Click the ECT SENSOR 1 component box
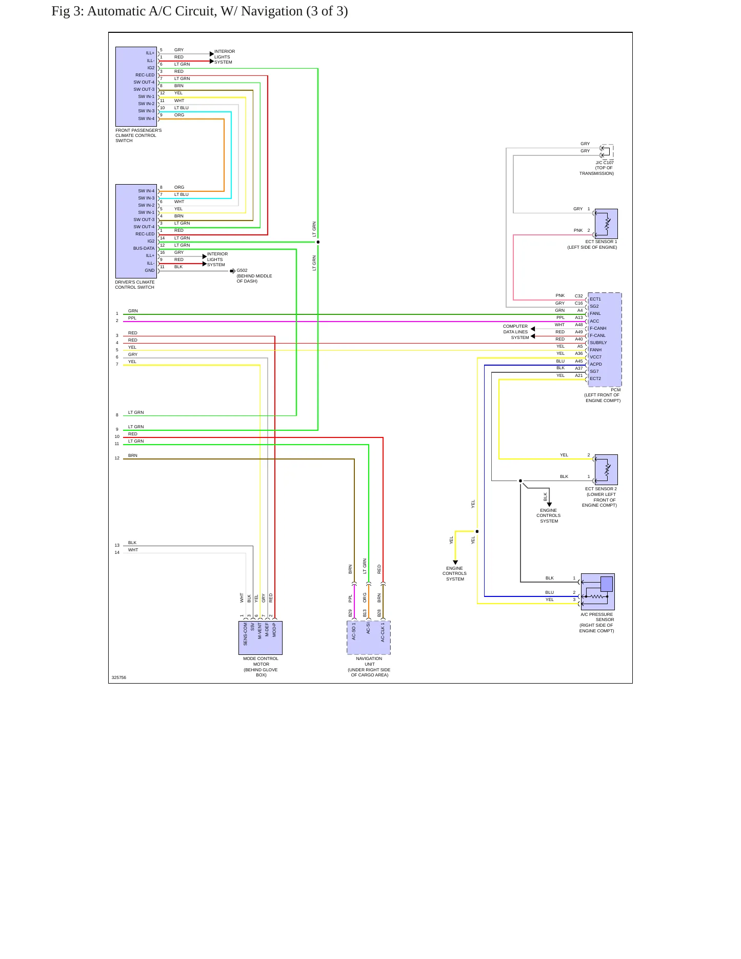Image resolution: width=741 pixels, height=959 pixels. pyautogui.click(x=606, y=224)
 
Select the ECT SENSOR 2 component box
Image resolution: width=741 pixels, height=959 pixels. pyautogui.click(x=606, y=470)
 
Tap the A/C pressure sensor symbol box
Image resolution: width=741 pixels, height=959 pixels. pyautogui.click(x=598, y=592)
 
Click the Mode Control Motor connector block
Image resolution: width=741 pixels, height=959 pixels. pyautogui.click(x=261, y=638)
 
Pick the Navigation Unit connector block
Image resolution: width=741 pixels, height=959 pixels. pyautogui.click(x=369, y=638)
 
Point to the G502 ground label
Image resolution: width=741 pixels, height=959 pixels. pyautogui.click(x=242, y=270)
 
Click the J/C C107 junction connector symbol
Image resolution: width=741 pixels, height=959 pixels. pyautogui.click(x=607, y=152)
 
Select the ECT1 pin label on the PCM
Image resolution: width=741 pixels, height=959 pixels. pyautogui.click(x=595, y=299)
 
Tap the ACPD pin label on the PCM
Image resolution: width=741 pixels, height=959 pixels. pyautogui.click(x=596, y=364)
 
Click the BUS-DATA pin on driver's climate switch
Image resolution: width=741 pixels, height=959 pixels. pyautogui.click(x=144, y=248)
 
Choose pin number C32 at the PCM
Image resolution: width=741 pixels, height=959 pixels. pyautogui.click(x=578, y=296)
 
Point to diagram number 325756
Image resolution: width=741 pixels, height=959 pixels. pyautogui.click(x=118, y=677)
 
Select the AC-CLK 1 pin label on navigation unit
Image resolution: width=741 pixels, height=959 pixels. pyautogui.click(x=383, y=633)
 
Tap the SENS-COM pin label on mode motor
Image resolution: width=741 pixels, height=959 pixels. pyautogui.click(x=245, y=634)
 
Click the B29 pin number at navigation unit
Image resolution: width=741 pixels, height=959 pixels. pyautogui.click(x=350, y=613)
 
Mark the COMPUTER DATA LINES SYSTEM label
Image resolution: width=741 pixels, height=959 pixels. pyautogui.click(x=515, y=332)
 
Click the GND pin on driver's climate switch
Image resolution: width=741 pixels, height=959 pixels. pyautogui.click(x=149, y=270)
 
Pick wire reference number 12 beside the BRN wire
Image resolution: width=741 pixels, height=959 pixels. pyautogui.click(x=117, y=458)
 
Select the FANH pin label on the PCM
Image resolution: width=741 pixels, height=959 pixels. pyautogui.click(x=595, y=350)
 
